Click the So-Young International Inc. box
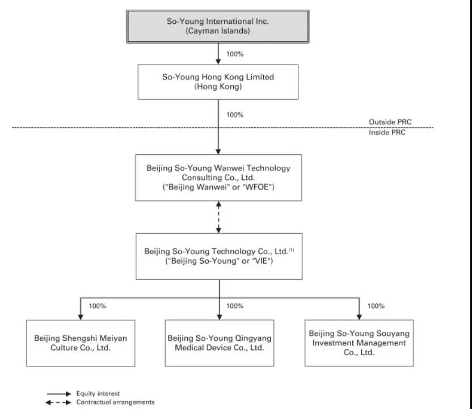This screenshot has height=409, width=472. (218, 27)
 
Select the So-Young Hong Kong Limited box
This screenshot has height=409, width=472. (218, 82)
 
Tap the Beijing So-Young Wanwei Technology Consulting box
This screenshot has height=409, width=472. (218, 178)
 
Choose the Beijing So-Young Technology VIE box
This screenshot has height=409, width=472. (219, 256)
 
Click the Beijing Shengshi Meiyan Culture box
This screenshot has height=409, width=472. (81, 343)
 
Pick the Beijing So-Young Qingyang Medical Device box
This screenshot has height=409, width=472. (220, 343)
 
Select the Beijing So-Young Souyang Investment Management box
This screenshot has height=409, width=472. (359, 343)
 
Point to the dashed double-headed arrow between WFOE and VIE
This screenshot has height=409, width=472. (219, 217)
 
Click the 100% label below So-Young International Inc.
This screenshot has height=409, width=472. (235, 54)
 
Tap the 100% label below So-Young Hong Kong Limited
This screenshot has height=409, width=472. (235, 115)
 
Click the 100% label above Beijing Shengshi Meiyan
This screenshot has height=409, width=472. (97, 306)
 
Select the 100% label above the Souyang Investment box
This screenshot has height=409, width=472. (376, 306)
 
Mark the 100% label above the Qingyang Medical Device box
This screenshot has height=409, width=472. (235, 306)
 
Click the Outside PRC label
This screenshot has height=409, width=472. (390, 122)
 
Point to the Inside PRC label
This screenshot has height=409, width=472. (387, 132)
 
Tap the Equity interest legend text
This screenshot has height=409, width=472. (98, 393)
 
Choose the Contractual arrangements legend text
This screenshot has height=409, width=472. (115, 402)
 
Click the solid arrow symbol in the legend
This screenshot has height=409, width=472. (59, 394)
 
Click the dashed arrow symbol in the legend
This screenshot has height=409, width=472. (58, 402)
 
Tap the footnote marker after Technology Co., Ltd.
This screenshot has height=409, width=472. (292, 250)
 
